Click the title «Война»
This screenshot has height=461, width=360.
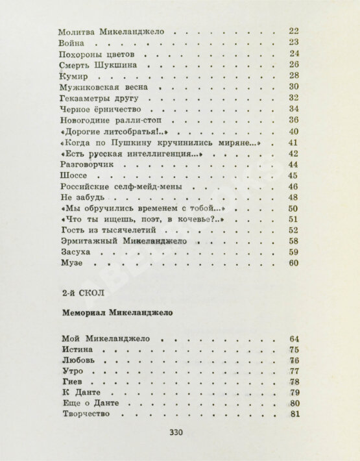click(71, 42)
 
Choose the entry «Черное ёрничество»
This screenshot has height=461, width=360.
click(99, 108)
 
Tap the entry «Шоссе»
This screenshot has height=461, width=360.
click(72, 176)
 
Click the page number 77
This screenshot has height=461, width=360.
click(294, 371)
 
